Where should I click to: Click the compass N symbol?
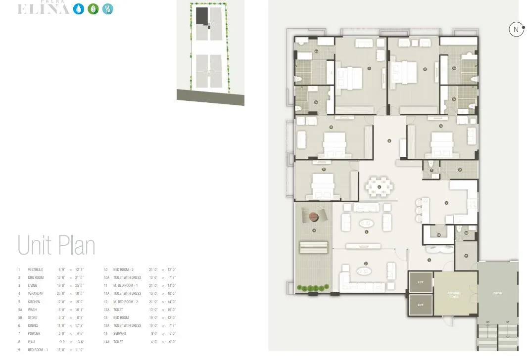516,30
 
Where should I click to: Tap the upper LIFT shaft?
420,282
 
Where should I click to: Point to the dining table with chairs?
380,186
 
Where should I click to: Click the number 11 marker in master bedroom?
369,69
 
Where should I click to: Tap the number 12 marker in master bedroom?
425,69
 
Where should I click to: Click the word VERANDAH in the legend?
36,294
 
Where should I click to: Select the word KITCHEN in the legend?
34,302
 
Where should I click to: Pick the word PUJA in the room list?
31,342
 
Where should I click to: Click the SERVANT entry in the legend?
120,334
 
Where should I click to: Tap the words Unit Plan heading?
56,246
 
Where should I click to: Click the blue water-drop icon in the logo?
79,9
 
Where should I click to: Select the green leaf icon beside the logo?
93,9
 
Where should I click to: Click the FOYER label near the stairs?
497,293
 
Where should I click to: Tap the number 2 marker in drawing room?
366,264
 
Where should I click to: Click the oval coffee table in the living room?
367,223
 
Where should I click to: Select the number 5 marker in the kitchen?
446,202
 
